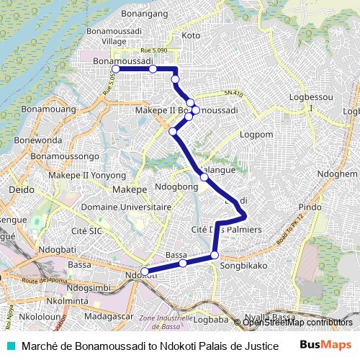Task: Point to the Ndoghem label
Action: tap(336, 174)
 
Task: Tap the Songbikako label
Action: tap(243, 266)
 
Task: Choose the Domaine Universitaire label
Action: tap(132, 207)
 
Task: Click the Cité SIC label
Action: tap(87, 231)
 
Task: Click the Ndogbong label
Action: tap(176, 186)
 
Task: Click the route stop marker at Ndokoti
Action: tap(145, 272)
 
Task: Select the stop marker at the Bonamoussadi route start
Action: tap(115, 69)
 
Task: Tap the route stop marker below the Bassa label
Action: tap(183, 264)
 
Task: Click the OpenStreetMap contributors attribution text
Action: tap(297, 323)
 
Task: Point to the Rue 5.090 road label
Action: tap(154, 50)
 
